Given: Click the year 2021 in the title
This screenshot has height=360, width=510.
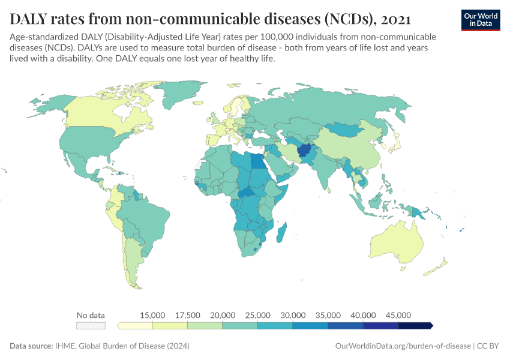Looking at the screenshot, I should click(x=395, y=19).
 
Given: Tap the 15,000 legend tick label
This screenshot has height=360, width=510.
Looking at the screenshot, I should click(x=152, y=315).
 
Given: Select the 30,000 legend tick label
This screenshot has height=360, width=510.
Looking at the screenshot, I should click(x=293, y=315).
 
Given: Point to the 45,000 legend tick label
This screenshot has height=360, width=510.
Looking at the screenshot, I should click(x=398, y=315).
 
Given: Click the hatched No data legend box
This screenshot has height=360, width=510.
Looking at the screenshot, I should click(x=91, y=325).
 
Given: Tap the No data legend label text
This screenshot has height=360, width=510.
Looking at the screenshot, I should click(x=91, y=315).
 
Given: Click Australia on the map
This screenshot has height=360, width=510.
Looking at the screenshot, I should click(x=402, y=243).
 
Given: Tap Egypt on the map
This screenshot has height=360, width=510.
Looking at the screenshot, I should click(x=257, y=161).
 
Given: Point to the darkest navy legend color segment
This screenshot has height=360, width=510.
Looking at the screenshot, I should click(x=415, y=325).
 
